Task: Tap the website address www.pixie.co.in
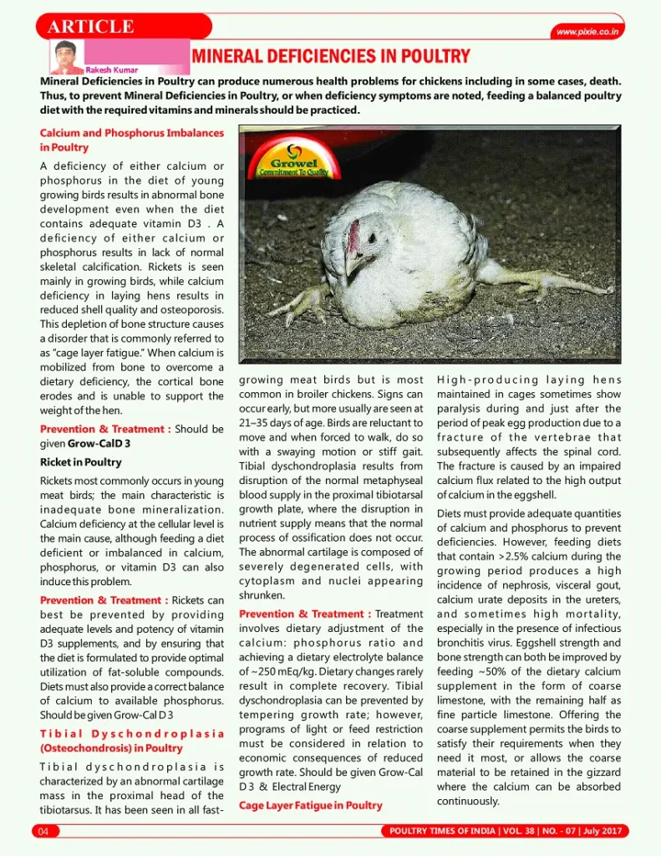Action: click(x=588, y=32)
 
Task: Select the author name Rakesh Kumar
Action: click(x=112, y=70)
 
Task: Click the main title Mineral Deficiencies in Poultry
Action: click(x=331, y=57)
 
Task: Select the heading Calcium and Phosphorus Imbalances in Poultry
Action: click(x=131, y=140)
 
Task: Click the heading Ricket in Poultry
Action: click(x=80, y=461)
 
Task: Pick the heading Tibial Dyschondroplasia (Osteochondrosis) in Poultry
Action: click(x=131, y=741)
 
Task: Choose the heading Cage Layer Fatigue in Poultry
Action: click(x=310, y=805)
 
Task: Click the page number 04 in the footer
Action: click(x=42, y=831)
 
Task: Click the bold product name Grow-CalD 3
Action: click(x=99, y=443)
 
